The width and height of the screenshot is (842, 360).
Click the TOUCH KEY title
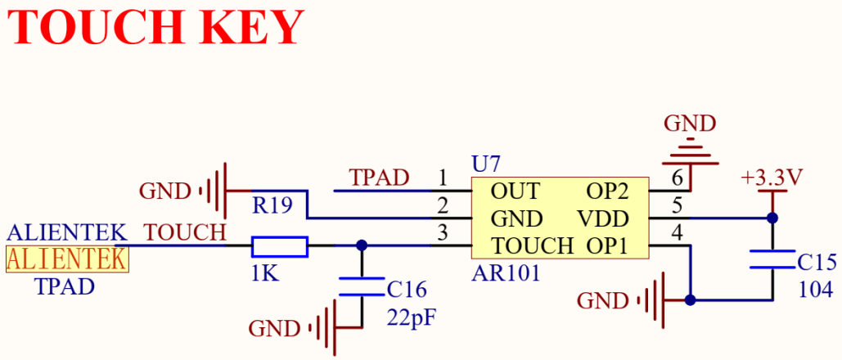coord(155,27)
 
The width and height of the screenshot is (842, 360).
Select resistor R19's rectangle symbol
coord(280,246)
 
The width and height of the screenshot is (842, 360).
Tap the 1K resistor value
coord(265,275)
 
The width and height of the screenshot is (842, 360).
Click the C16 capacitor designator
coord(407,290)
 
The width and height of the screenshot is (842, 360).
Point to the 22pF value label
coord(411,317)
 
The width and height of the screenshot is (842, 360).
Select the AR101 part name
coord(506,273)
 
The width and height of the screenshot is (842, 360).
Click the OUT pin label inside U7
coord(515,191)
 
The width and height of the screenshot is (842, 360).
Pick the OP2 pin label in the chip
coord(607,191)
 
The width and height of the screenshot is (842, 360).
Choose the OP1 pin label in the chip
coord(607,246)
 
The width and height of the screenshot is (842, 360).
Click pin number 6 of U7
coord(678,178)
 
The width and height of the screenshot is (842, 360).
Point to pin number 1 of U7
coord(443,178)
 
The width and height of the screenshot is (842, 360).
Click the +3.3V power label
coord(772,178)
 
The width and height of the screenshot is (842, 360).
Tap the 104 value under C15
coord(816,290)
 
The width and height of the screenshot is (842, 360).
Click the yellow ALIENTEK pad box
coord(68,259)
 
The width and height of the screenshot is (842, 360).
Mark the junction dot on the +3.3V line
coord(772,218)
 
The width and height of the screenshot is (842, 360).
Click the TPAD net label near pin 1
coord(379,178)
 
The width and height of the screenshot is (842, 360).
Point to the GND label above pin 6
coord(690,124)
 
